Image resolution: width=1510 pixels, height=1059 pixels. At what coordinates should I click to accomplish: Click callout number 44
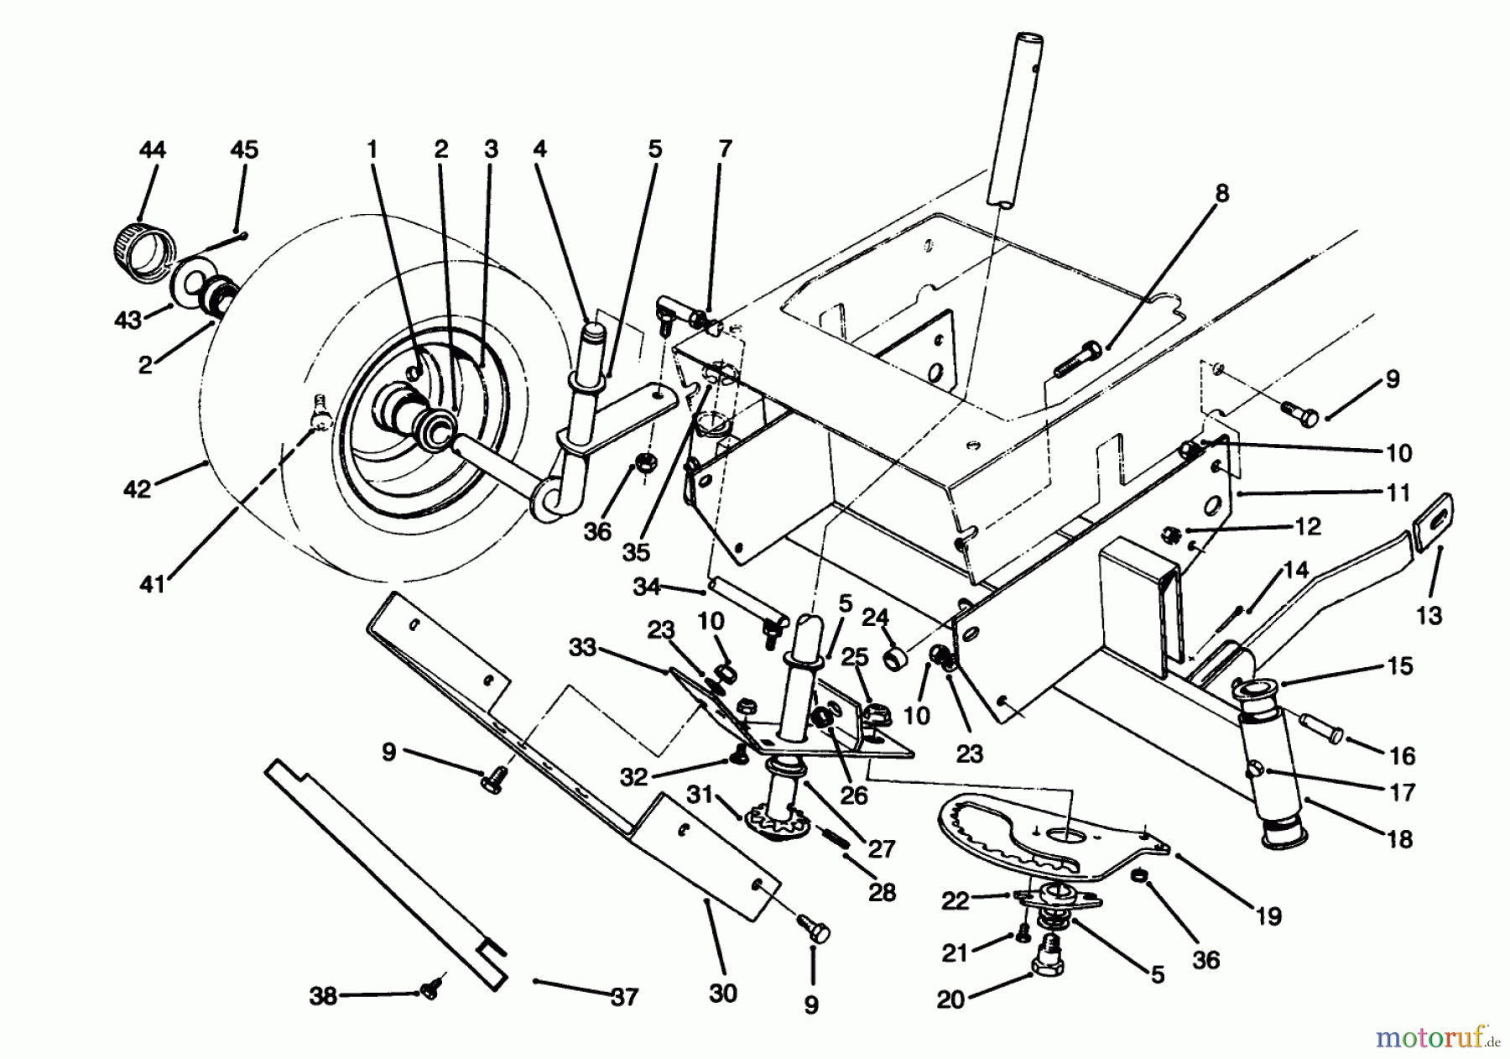152,149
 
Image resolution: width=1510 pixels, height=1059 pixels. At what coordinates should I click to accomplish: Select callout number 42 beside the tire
137,488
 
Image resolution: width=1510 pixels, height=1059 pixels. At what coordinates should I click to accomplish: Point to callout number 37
625,998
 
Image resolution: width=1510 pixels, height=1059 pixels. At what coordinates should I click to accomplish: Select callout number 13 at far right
1429,615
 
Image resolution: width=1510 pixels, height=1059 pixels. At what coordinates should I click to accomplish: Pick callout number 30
722,994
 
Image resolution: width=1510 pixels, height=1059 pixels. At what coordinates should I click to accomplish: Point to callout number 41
152,585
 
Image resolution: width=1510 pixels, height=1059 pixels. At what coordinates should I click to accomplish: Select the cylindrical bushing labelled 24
898,655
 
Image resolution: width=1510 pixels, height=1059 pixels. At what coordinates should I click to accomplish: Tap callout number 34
646,587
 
